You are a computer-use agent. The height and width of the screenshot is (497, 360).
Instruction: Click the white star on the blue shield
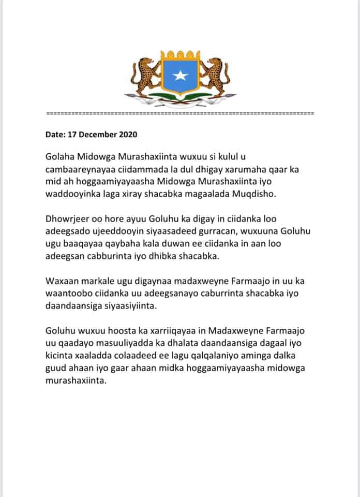tap(180, 77)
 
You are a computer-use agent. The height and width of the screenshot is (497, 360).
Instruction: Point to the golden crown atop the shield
tap(180, 54)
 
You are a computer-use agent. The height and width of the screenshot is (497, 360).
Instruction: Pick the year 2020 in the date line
tap(128, 135)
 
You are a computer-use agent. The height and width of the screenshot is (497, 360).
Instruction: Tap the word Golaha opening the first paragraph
tap(61, 156)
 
